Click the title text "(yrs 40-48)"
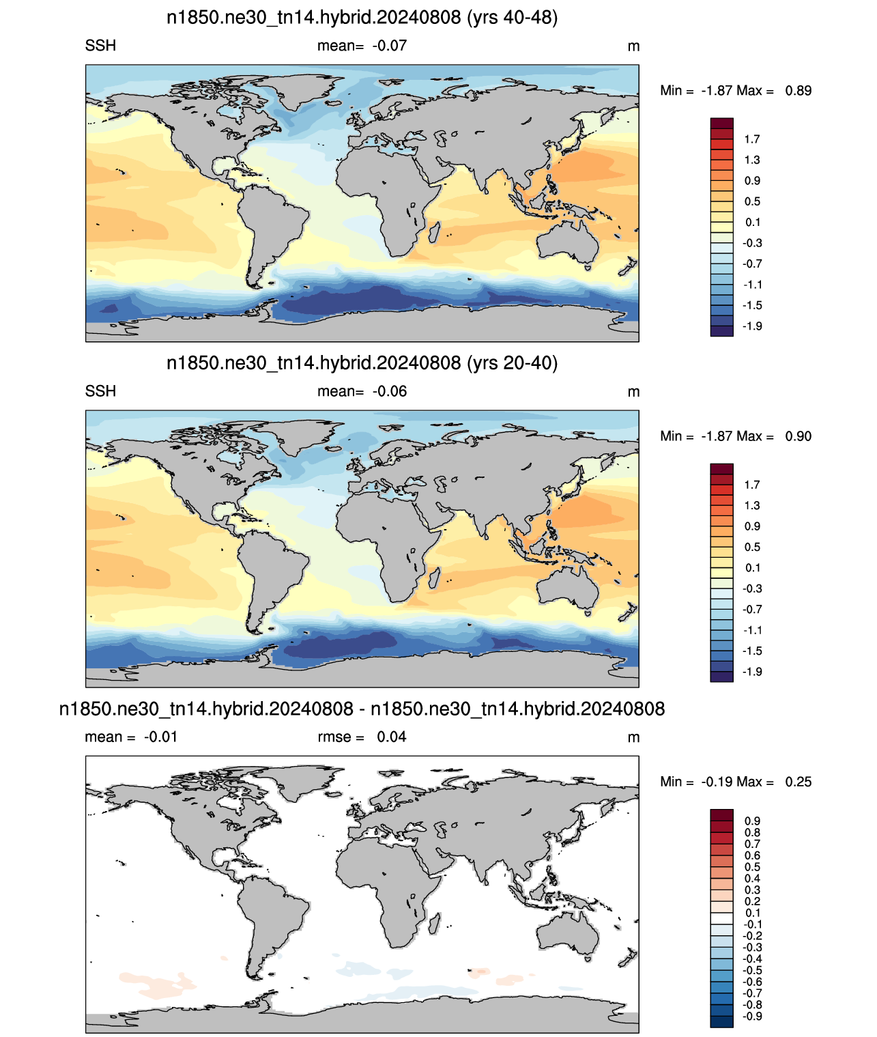pyautogui.click(x=512, y=18)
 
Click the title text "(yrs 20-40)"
pyautogui.click(x=512, y=363)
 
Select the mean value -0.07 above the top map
pyautogui.click(x=390, y=46)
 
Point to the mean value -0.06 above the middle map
pyautogui.click(x=390, y=391)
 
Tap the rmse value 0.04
pyautogui.click(x=392, y=737)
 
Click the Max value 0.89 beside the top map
pyautogui.click(x=799, y=91)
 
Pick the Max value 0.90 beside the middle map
pyautogui.click(x=799, y=436)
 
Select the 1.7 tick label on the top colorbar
pyautogui.click(x=752, y=139)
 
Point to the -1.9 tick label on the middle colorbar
pyautogui.click(x=752, y=672)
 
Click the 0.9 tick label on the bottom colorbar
pyautogui.click(x=752, y=821)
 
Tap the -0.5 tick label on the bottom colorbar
pyautogui.click(x=752, y=970)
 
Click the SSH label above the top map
pyautogui.click(x=100, y=46)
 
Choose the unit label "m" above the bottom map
pyautogui.click(x=633, y=738)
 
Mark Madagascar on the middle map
pyautogui.click(x=434, y=578)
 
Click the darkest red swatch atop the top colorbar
pyautogui.click(x=721, y=124)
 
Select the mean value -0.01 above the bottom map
pyautogui.click(x=160, y=737)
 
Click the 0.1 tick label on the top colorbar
pyautogui.click(x=752, y=223)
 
